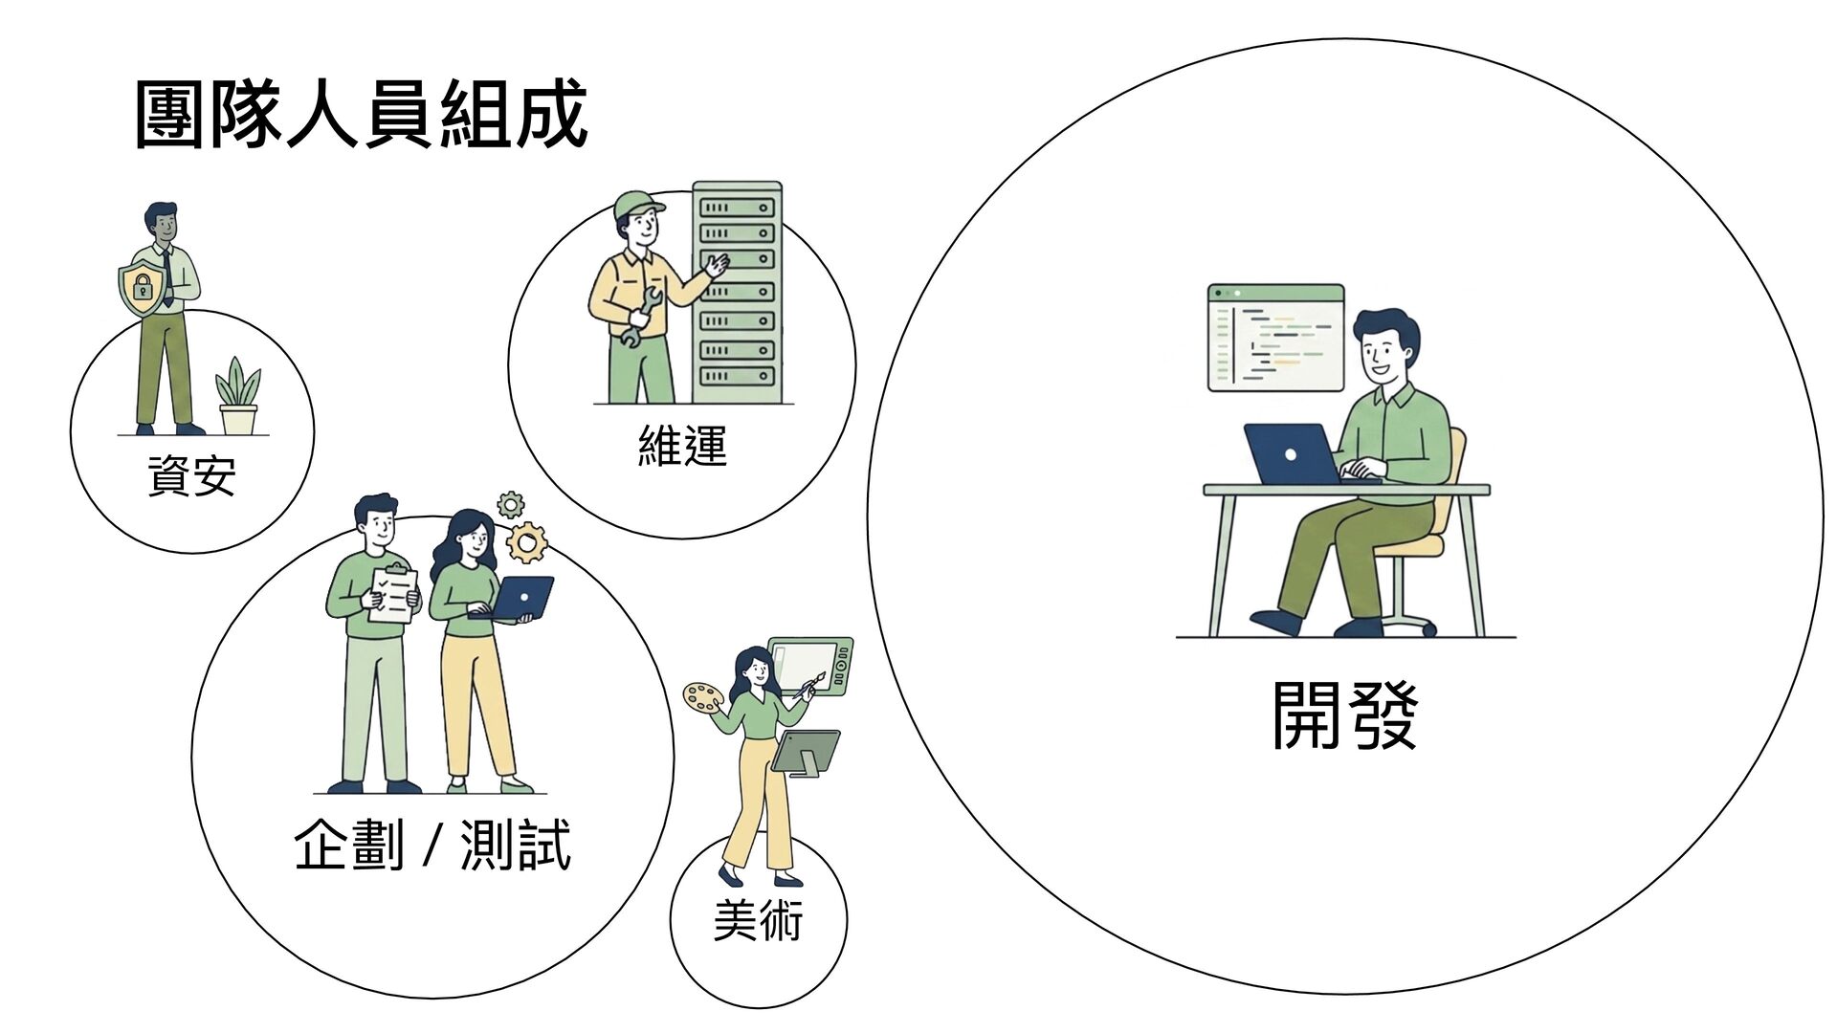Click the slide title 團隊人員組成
tap(360, 116)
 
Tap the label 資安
tap(191, 475)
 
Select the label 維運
tap(682, 446)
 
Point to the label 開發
tap(1343, 715)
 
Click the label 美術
tap(758, 920)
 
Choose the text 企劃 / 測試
tap(432, 846)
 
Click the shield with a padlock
tap(141, 283)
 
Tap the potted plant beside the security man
tap(238, 398)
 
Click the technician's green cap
tap(638, 203)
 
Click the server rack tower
tap(737, 292)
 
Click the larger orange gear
tap(526, 541)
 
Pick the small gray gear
tap(511, 504)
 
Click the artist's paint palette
tap(704, 697)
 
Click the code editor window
tap(1275, 338)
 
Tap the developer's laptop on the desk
tap(1291, 454)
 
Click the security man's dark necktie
tap(167, 277)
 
